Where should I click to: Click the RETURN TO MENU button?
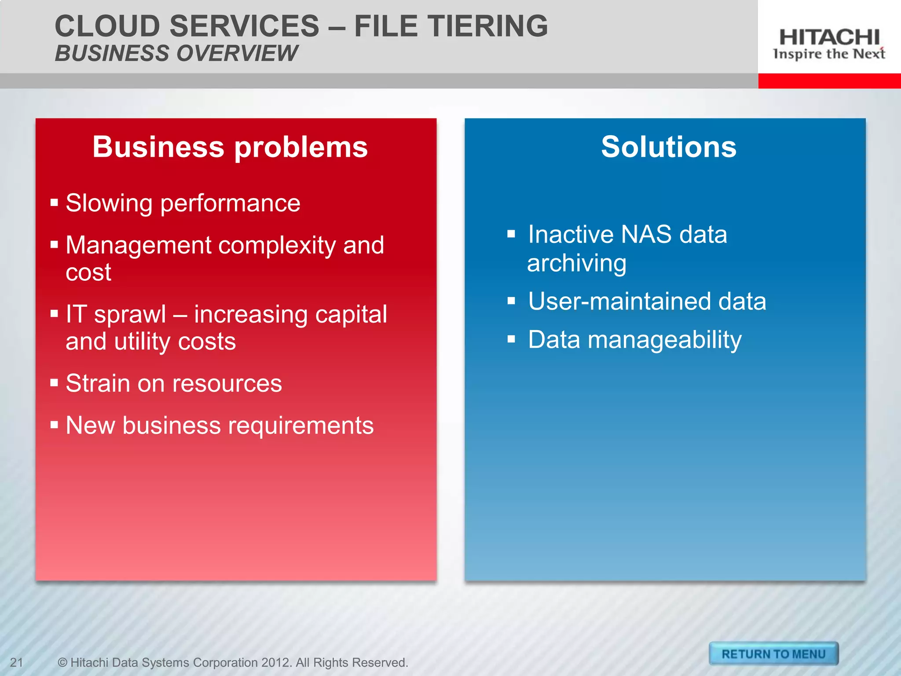click(x=773, y=654)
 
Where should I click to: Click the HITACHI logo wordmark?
click(x=829, y=37)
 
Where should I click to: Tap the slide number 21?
click(x=16, y=662)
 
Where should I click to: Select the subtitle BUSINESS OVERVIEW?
click(x=176, y=53)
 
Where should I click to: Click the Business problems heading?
click(x=230, y=147)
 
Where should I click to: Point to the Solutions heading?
click(x=668, y=147)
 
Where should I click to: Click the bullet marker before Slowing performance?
click(x=54, y=203)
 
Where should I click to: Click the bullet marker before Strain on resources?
click(x=54, y=382)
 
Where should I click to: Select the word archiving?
click(x=576, y=264)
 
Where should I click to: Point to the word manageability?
click(x=664, y=340)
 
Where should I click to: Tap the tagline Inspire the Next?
click(x=829, y=54)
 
